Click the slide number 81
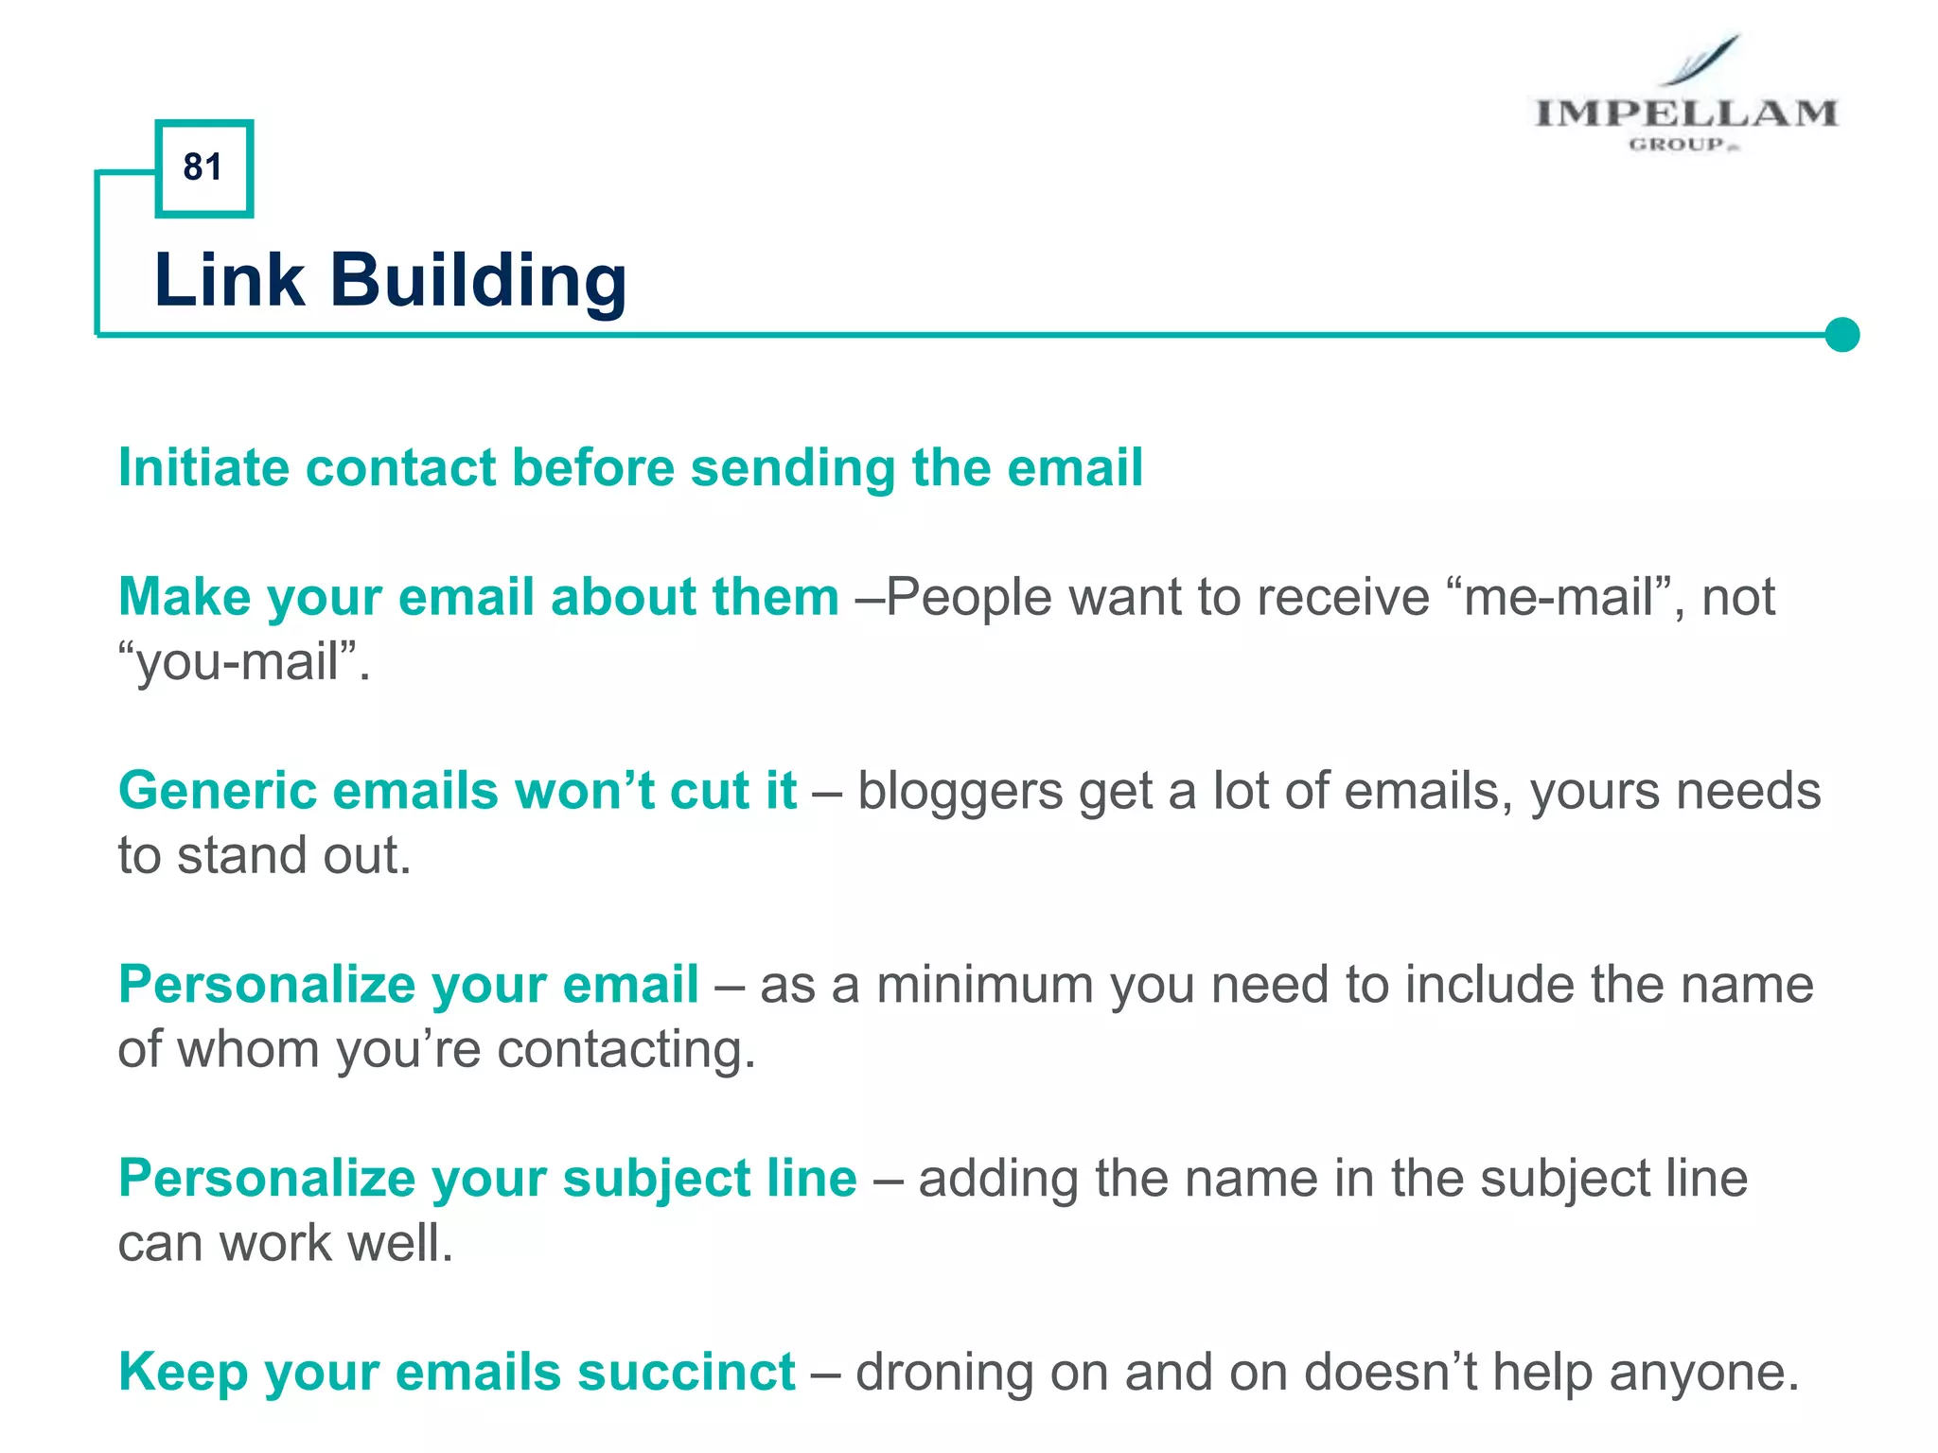pos(203,167)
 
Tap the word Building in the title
pos(478,281)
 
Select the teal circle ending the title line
pos(1841,335)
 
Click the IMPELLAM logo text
pos(1685,114)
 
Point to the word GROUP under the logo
pos(1677,145)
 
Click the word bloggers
pos(960,793)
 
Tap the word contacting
pos(625,1050)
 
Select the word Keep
pos(183,1374)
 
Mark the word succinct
pos(686,1373)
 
